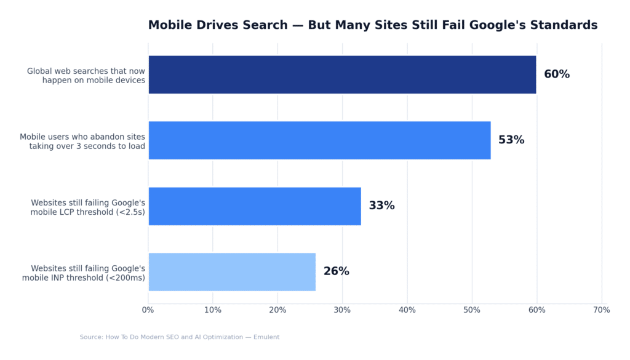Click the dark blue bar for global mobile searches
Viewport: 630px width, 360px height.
tap(342, 74)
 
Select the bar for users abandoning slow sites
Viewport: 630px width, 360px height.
tap(319, 140)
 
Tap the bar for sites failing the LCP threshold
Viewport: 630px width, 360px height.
tap(255, 206)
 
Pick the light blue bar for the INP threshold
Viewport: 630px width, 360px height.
tap(232, 272)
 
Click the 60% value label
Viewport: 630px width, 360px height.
tap(557, 74)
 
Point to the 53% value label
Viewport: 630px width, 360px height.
tap(511, 140)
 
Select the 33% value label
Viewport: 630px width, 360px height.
tap(381, 206)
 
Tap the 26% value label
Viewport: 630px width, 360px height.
tap(336, 271)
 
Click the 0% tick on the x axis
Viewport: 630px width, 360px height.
tap(148, 310)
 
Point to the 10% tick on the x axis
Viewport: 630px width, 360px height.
tap(213, 310)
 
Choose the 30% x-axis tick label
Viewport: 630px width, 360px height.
tap(343, 310)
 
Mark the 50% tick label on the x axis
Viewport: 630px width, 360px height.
tap(472, 310)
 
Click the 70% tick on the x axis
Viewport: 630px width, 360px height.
tap(601, 310)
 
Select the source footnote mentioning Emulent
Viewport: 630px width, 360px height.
tap(179, 337)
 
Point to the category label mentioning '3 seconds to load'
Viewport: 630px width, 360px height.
tap(87, 146)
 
